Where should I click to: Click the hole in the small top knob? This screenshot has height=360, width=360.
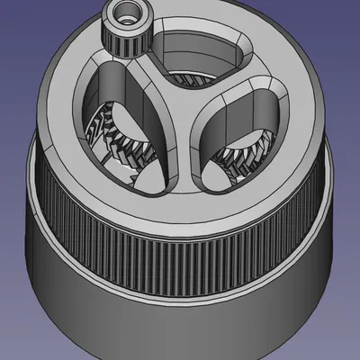coord(125,13)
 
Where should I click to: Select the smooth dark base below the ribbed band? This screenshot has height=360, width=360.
coord(180,306)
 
